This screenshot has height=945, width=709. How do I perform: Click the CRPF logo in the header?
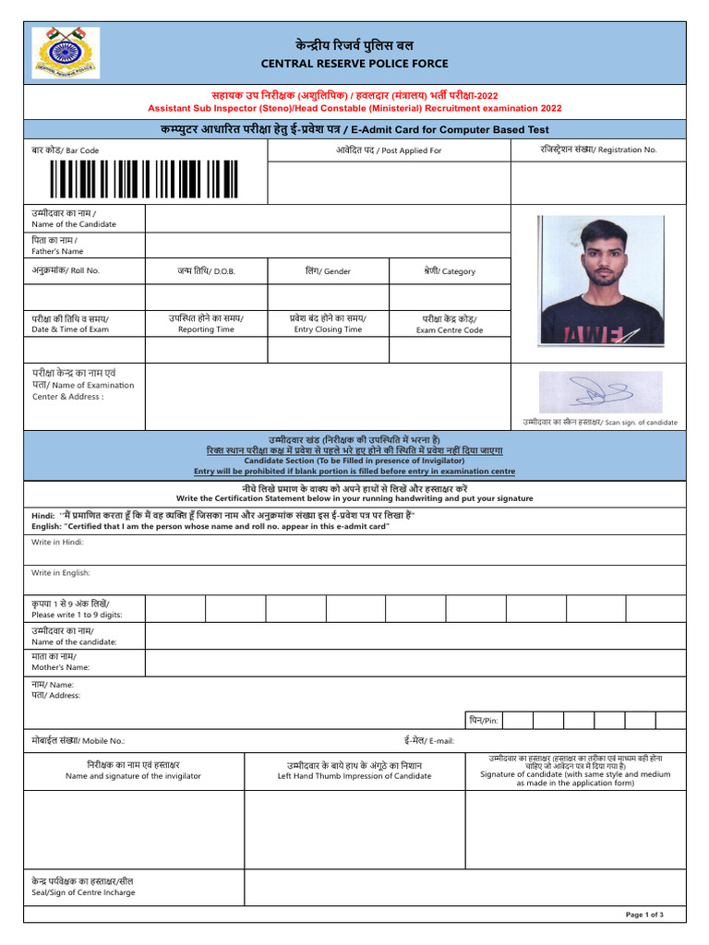[x=66, y=53]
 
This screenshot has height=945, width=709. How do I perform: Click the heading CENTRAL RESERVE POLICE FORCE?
[x=354, y=64]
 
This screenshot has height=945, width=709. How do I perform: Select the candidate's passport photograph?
[x=601, y=281]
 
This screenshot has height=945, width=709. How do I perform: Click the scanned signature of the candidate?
[x=600, y=392]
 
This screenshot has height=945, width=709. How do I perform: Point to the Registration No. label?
[x=598, y=150]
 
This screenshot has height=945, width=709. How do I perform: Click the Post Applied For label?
[x=388, y=150]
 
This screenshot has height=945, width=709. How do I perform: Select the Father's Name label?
[x=57, y=245]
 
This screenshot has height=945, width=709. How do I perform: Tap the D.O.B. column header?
[x=206, y=271]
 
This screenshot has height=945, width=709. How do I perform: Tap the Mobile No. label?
[x=78, y=740]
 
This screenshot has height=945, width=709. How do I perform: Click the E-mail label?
[x=428, y=740]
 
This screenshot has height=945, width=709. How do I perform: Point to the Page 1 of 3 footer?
[x=644, y=915]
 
